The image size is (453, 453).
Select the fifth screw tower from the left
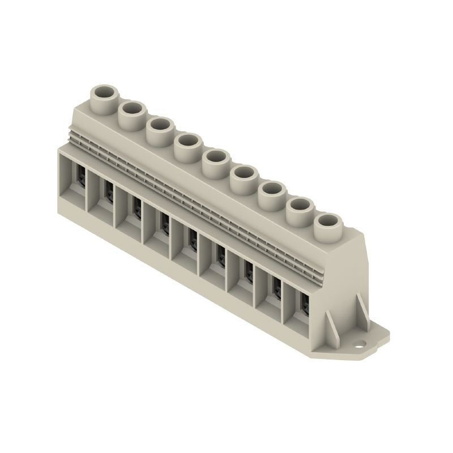click(215, 159)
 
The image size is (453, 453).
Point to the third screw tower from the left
click(159, 126)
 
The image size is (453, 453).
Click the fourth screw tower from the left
click(187, 142)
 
